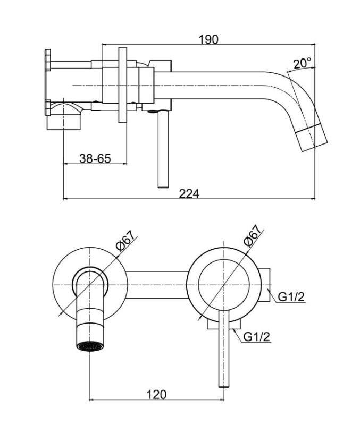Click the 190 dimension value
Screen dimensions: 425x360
click(x=208, y=39)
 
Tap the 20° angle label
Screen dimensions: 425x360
click(x=302, y=63)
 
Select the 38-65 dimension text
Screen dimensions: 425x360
click(x=95, y=158)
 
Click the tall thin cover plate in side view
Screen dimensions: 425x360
click(x=123, y=85)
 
